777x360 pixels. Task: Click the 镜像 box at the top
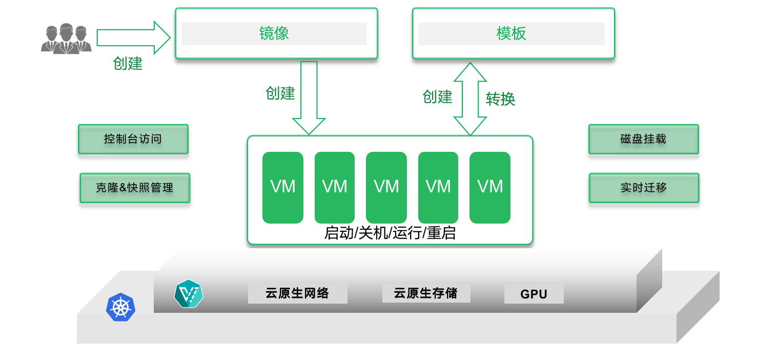(276, 34)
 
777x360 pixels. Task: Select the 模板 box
(513, 34)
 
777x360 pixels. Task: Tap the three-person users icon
(66, 38)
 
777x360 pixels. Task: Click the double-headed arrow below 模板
(470, 99)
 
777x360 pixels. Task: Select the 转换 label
(500, 99)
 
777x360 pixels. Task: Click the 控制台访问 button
(133, 139)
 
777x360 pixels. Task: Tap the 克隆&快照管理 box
(135, 188)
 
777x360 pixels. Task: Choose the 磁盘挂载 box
(643, 139)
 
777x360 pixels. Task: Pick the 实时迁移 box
(644, 188)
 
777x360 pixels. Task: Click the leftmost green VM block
(283, 187)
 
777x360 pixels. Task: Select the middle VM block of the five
(386, 187)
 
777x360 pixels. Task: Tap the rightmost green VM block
(490, 187)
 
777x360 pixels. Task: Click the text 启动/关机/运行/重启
(390, 233)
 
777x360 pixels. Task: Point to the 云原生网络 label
(297, 293)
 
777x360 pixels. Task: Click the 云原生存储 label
(426, 293)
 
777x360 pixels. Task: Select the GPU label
(534, 294)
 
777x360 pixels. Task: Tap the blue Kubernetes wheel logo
(120, 308)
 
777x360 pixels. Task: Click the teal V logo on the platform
(189, 294)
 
